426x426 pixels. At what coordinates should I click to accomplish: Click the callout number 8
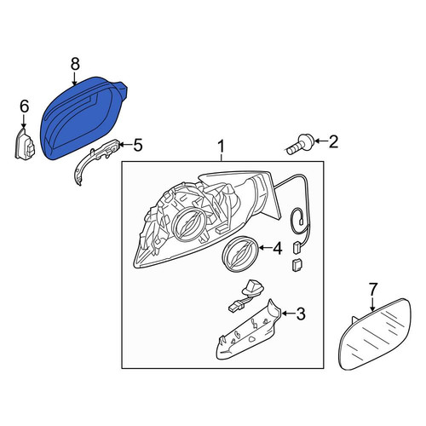coord(75,64)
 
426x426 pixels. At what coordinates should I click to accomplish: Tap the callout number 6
coord(24,106)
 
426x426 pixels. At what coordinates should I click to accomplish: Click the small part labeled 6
coord(25,143)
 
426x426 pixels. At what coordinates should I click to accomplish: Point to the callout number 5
coord(137,145)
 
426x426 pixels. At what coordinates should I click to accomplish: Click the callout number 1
coord(221,147)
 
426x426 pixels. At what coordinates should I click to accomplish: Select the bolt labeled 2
coord(299,144)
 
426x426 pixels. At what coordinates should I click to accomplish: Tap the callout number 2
coord(333,141)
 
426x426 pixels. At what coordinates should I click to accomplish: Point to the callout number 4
coord(277,248)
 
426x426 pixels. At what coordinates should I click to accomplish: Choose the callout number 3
coord(300,314)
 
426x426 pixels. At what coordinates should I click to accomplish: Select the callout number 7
coord(373,290)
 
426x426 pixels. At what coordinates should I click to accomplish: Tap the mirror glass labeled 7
coord(375,335)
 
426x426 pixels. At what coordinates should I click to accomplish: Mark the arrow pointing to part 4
coord(264,248)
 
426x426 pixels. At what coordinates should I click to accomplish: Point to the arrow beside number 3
coord(288,314)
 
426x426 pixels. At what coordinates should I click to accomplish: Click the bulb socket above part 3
coord(245,296)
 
